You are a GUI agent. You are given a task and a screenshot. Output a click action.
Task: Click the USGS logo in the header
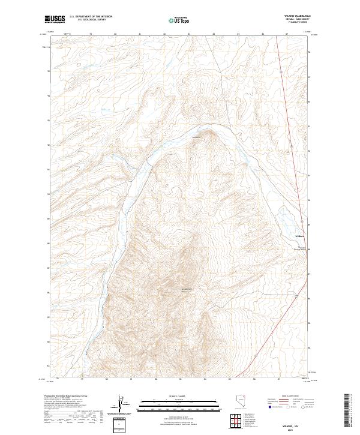(55, 19)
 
